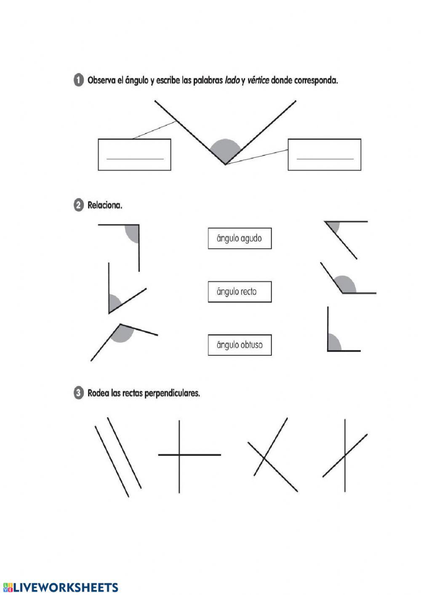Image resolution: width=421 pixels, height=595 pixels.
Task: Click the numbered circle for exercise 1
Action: tap(78, 80)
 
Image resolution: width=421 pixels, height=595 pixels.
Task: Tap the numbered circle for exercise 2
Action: tap(78, 205)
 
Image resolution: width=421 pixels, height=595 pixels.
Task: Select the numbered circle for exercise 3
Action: tap(78, 393)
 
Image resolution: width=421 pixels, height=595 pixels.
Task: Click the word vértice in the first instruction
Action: tap(258, 80)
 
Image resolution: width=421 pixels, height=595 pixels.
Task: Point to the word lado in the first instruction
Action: tap(232, 80)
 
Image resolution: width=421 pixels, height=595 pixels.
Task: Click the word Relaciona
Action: tap(105, 205)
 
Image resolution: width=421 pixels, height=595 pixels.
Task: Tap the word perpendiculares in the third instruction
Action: tap(172, 393)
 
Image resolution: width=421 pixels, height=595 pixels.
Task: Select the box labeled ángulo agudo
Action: tap(240, 238)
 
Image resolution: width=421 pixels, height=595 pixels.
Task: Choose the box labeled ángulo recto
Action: tap(240, 292)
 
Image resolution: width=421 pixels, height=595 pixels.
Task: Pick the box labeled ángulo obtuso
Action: tap(240, 345)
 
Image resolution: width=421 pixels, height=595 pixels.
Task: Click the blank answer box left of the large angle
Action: tap(134, 155)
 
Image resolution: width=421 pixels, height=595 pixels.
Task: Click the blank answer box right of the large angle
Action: tap(324, 155)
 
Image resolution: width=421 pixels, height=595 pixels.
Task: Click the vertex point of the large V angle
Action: tap(225, 164)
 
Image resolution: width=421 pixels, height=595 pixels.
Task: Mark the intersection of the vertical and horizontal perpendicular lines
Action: tap(179, 455)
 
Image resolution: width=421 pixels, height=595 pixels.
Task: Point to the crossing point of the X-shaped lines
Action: tap(264, 457)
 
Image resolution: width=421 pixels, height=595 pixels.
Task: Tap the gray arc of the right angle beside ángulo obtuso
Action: tap(335, 342)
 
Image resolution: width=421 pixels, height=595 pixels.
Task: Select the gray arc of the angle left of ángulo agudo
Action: tap(132, 234)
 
